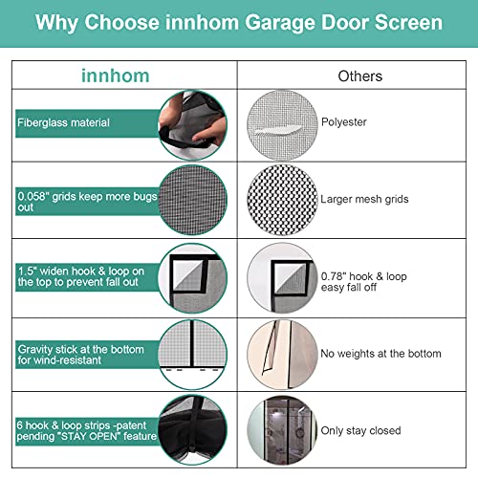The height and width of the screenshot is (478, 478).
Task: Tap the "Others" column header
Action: tap(359, 76)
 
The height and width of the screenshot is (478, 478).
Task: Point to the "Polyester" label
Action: tap(342, 122)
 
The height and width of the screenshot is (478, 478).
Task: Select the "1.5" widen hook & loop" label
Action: tap(82, 277)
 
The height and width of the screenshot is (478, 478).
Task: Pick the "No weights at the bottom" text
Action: tap(381, 354)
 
